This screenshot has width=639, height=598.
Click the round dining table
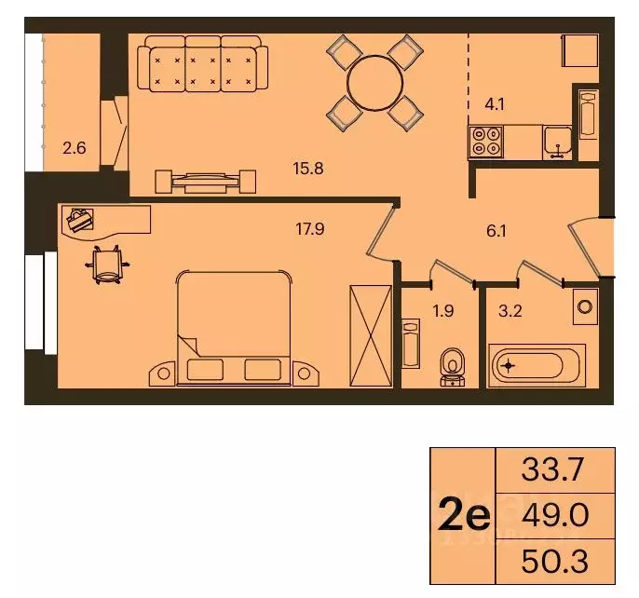point(374,82)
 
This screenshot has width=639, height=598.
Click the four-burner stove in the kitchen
point(486,141)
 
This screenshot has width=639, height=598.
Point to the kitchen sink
point(559,141)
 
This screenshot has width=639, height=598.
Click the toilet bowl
point(453,363)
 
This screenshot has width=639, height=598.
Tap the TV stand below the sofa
point(205,180)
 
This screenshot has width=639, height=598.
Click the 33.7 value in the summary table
point(555,470)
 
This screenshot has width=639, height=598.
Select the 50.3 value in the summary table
point(555,561)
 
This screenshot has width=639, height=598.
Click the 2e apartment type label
point(464,515)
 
